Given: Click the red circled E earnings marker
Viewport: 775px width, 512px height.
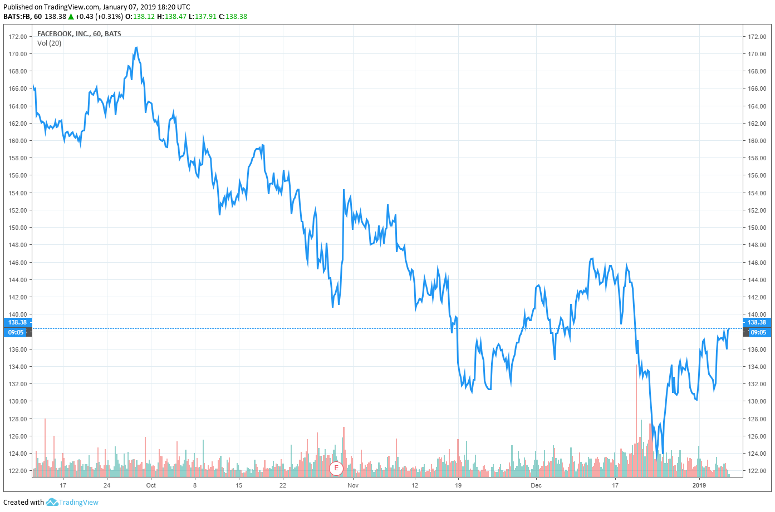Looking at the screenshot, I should (336, 468).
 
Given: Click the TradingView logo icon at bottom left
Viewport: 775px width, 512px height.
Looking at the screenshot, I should (52, 502).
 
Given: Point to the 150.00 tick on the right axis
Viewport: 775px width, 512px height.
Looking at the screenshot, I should (757, 228).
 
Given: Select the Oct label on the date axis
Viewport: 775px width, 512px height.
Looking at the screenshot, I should (151, 485).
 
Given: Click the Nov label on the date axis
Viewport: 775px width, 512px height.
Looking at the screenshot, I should (353, 485).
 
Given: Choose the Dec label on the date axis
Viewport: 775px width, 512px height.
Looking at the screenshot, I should (536, 485).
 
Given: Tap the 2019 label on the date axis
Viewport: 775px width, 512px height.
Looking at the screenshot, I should (699, 485).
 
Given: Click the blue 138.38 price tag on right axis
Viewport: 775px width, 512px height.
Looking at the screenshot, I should (757, 322).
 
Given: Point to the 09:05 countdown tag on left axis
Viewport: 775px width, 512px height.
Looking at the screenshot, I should (16, 332).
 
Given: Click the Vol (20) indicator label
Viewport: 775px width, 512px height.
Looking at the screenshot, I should (50, 43).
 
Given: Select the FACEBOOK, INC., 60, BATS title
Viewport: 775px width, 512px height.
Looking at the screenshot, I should (79, 34).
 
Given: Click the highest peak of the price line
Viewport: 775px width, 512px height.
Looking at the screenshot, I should (136, 48).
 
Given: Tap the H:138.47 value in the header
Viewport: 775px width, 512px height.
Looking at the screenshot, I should (171, 16).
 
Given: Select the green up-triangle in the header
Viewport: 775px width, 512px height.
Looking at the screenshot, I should (71, 16).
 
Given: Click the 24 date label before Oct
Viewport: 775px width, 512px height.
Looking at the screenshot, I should (107, 485).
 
